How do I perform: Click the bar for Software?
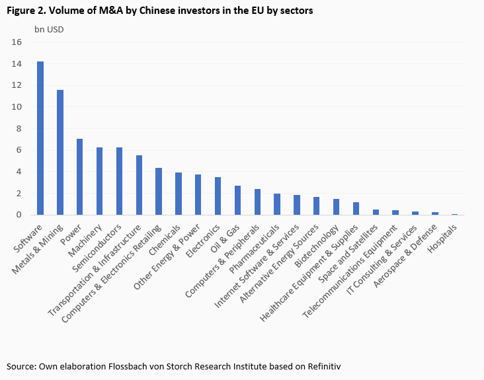tap(40, 138)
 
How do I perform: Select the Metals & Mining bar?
tap(60, 152)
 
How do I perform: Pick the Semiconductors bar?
tap(119, 181)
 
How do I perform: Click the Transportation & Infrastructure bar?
tap(139, 185)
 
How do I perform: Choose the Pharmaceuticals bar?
tap(277, 204)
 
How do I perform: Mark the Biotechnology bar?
tap(336, 207)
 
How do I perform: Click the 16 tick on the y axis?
tap(17, 42)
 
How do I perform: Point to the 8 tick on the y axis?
tap(20, 128)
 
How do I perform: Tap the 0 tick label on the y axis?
tap(20, 215)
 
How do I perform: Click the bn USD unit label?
tap(50, 28)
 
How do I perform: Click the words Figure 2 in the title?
tap(25, 11)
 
